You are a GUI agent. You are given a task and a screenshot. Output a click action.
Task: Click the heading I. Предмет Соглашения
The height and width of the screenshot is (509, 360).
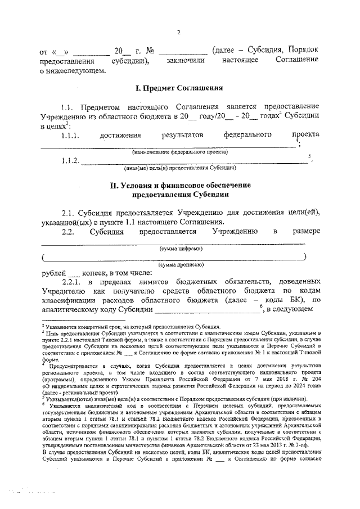coord(180,88)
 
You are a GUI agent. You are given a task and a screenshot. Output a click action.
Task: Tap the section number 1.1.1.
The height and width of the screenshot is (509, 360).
coord(71,135)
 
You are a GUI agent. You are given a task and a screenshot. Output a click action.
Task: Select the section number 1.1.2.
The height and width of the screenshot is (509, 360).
coord(70,161)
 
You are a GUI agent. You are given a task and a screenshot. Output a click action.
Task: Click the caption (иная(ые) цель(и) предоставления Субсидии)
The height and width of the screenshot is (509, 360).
coord(180,168)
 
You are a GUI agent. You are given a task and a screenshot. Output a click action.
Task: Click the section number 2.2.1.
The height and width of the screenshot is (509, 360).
coord(73,281)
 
